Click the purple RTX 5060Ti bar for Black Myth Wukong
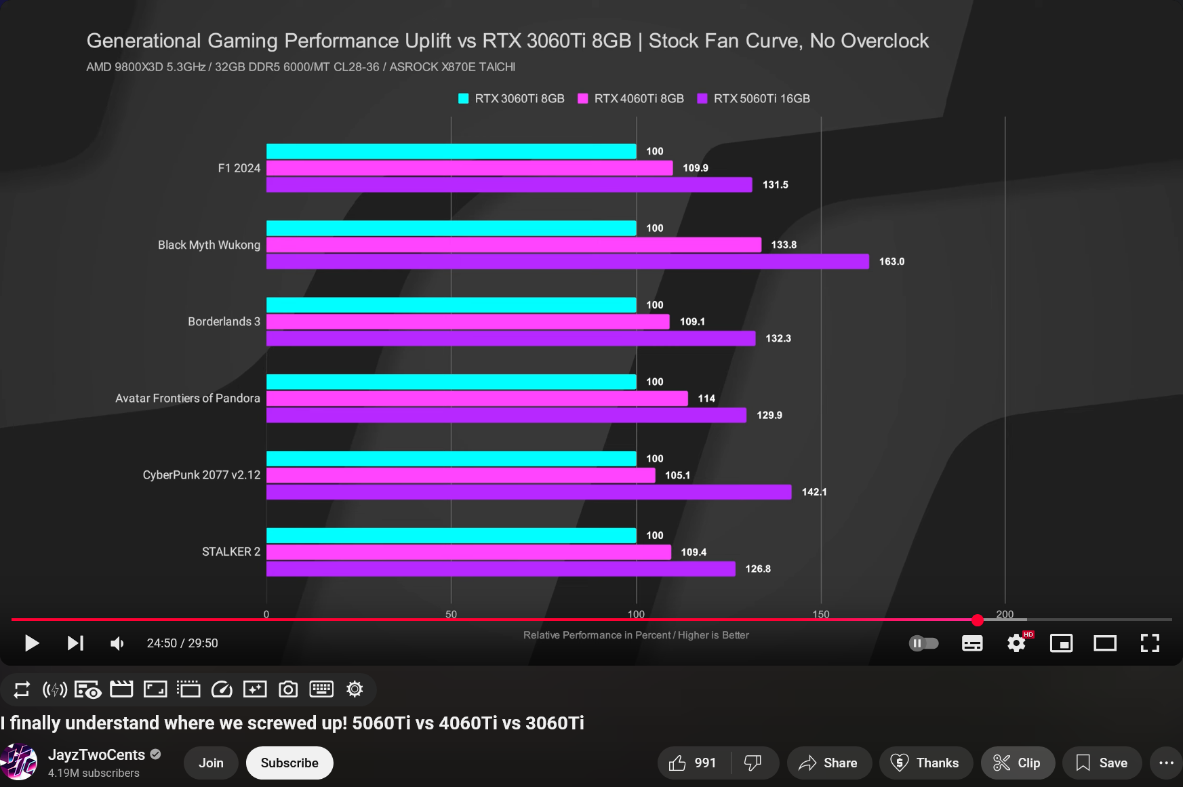(x=567, y=262)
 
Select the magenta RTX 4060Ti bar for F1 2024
(x=469, y=168)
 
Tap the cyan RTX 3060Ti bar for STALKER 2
(x=451, y=536)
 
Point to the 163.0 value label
(x=891, y=262)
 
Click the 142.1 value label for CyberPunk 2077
(x=814, y=492)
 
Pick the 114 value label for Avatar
(x=706, y=399)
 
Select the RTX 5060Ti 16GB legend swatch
(x=702, y=99)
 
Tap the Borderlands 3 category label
(x=224, y=321)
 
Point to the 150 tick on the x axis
(x=820, y=614)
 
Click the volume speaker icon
(x=117, y=643)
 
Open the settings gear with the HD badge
(x=1016, y=643)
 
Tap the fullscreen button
(x=1150, y=643)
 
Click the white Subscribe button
(x=289, y=763)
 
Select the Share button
(x=828, y=763)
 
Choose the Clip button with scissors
(x=1017, y=763)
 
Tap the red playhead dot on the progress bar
(x=977, y=620)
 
